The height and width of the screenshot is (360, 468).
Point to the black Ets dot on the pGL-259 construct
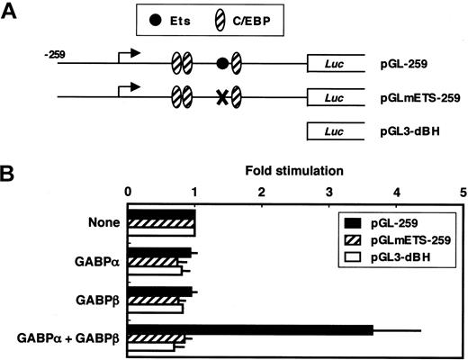click(221, 64)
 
